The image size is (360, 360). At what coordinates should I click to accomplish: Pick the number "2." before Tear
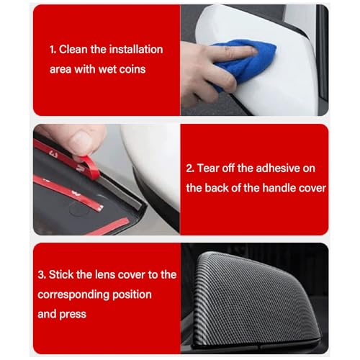pos(191,168)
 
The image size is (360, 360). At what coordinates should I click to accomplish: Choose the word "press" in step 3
pos(73,314)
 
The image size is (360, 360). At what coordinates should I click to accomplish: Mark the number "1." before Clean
pos(53,50)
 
